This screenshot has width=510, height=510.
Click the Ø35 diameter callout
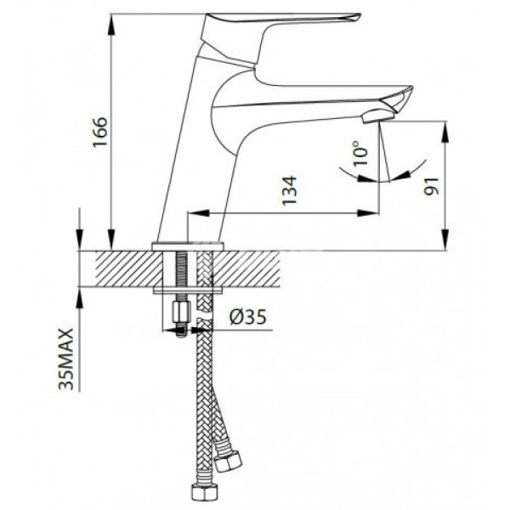point(248,318)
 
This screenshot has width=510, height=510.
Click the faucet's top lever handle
point(280,19)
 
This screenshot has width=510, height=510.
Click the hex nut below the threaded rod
point(179,314)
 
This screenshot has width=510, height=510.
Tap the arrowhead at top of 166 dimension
point(110,19)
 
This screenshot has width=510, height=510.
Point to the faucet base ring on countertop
point(188,246)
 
